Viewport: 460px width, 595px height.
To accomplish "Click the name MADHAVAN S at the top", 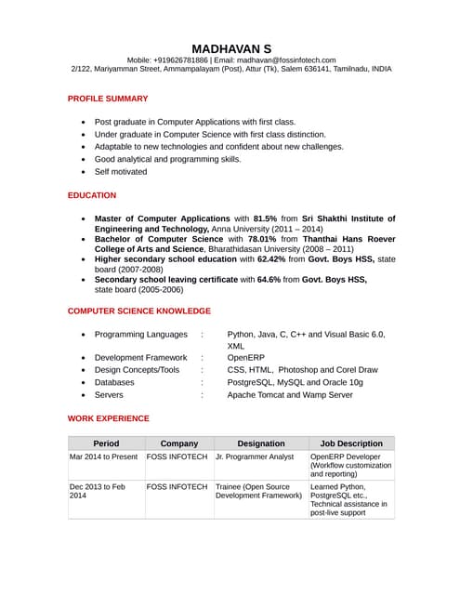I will (231, 48).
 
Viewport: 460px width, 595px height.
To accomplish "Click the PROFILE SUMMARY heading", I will (108, 99).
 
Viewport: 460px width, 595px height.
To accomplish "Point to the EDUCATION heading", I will (92, 195).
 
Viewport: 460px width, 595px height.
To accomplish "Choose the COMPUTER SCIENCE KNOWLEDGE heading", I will (139, 311).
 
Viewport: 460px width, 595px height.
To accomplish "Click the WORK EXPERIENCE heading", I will (109, 419).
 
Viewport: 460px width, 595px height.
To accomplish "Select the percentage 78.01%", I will (262, 239).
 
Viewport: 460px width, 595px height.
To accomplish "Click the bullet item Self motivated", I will (121, 172).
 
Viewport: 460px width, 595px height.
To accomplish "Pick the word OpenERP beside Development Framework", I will (246, 357).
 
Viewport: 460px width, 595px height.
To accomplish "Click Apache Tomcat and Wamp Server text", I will (290, 395).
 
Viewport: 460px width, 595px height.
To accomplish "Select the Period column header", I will (106, 443).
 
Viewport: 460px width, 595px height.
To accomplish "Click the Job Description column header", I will (351, 443).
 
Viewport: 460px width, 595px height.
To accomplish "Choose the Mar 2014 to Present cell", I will (103, 457).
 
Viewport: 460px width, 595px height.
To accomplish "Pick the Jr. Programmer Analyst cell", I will (255, 457).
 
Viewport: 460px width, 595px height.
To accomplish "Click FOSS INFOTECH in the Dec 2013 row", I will (177, 487).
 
